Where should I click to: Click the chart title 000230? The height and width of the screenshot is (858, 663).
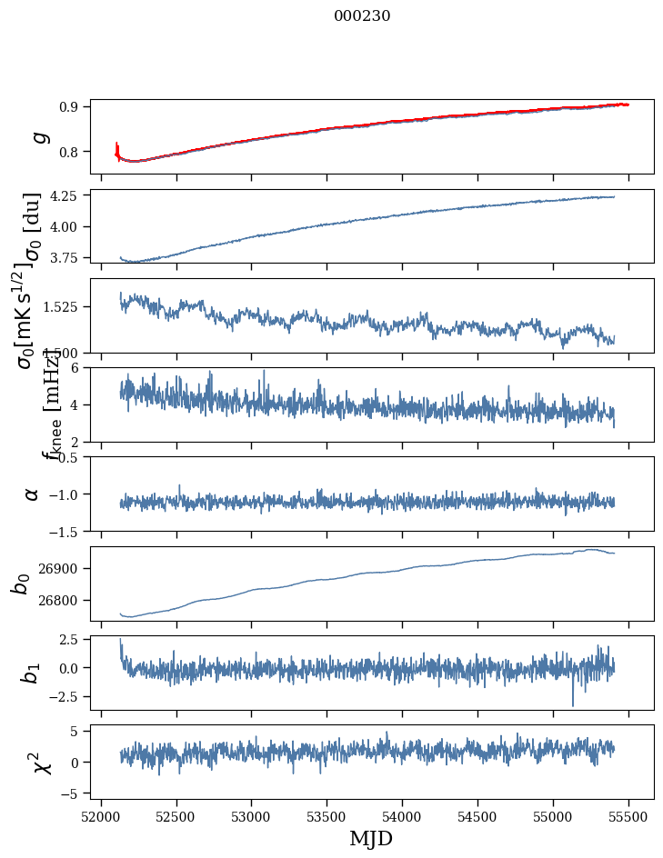362,15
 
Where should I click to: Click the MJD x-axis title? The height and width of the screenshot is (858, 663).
371,838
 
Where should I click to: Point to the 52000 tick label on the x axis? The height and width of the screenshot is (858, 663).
101,816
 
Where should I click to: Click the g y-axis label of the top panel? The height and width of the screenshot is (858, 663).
38,136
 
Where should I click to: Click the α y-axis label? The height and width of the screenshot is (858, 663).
33,494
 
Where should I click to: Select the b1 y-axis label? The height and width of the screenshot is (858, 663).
31,673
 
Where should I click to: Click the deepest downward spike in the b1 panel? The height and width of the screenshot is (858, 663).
573,704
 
